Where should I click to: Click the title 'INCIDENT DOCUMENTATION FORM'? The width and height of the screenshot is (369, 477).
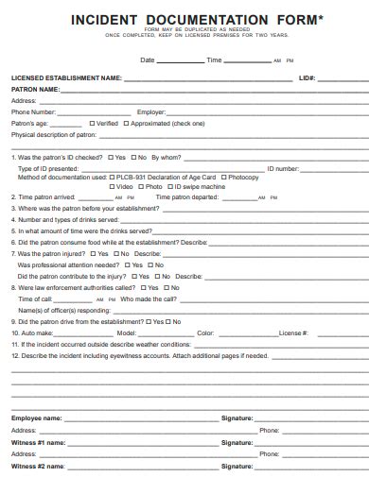[184, 20]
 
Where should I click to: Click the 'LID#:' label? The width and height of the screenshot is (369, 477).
[307, 78]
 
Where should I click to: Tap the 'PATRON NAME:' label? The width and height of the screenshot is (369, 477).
[34, 89]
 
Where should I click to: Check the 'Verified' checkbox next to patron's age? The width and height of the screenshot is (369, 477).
[92, 123]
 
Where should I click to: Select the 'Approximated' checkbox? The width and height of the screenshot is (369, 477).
[126, 123]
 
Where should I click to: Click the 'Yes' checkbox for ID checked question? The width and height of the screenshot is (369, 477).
[111, 157]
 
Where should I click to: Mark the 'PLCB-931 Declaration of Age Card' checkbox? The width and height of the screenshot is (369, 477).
[112, 177]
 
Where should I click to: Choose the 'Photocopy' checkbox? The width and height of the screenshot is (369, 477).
[224, 177]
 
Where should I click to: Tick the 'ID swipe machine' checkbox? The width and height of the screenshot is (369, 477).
[174, 187]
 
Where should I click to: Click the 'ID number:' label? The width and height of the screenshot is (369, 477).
[283, 167]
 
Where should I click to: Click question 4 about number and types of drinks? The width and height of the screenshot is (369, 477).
[61, 219]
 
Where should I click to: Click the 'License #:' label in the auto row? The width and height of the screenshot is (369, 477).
[292, 332]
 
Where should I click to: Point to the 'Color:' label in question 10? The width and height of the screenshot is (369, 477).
[206, 332]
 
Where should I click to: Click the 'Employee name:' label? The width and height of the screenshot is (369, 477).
[36, 417]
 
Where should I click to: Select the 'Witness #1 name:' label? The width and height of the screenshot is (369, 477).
[38, 441]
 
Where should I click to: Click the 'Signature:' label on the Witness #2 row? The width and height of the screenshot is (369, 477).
[237, 466]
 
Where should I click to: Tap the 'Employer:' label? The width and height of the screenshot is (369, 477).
[151, 111]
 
